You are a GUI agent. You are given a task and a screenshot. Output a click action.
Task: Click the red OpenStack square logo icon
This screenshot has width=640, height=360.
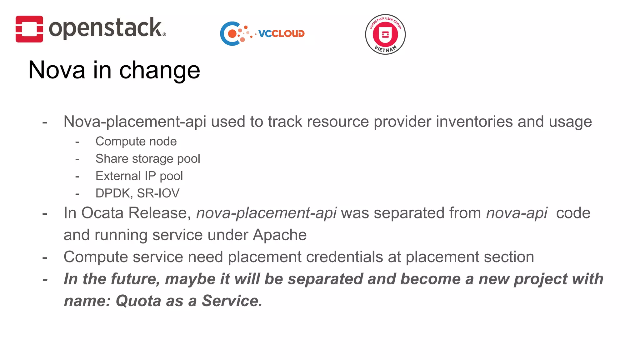pyautogui.click(x=29, y=29)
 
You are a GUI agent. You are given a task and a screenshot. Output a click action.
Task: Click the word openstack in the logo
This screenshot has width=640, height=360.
pyautogui.click(x=105, y=28)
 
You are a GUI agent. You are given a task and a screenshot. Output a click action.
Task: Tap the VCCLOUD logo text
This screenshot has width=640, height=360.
pyautogui.click(x=281, y=34)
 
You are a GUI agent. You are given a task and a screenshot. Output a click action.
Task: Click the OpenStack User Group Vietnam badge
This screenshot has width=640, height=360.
pyautogui.click(x=385, y=34)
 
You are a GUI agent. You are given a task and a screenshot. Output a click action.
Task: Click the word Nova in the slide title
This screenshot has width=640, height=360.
pyautogui.click(x=57, y=70)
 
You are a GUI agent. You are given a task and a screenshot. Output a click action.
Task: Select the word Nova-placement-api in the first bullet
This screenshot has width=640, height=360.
pyautogui.click(x=135, y=122)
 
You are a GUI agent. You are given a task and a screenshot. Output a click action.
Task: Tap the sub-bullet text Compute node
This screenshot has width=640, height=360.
pyautogui.click(x=136, y=142)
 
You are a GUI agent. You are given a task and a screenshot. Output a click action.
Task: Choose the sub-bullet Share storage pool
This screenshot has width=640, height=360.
pyautogui.click(x=147, y=159)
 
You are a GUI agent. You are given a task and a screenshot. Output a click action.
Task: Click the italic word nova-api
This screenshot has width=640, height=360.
pyautogui.click(x=517, y=213)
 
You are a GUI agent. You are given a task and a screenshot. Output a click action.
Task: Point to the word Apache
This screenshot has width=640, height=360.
pyautogui.click(x=279, y=235)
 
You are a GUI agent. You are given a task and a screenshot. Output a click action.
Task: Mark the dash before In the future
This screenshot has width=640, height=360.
pyautogui.click(x=45, y=279)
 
